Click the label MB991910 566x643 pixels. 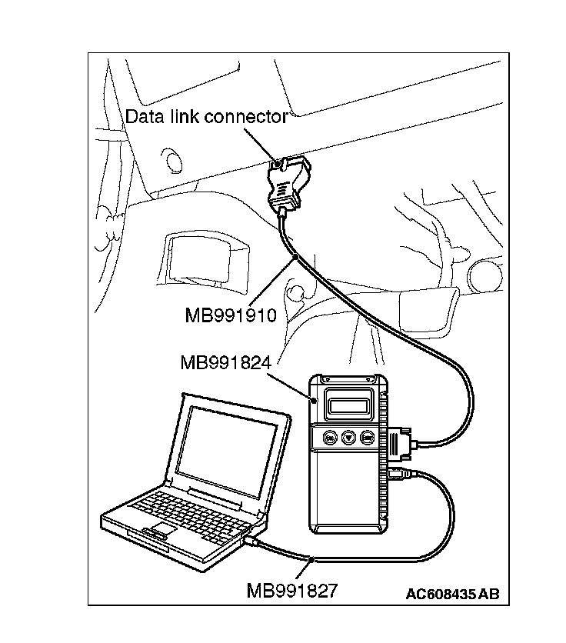231,315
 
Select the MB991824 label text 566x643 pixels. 225,362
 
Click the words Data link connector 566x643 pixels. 206,117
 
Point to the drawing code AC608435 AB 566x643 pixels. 453,593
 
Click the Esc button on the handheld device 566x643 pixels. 328,438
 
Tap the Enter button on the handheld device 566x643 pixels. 368,438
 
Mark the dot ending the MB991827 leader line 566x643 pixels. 310,559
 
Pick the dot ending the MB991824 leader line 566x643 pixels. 315,399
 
